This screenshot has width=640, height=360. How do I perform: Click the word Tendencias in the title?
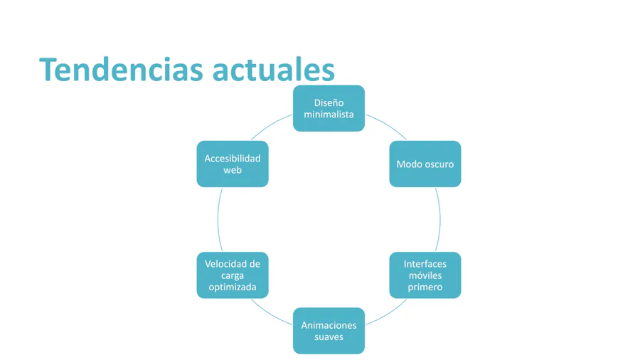point(121,70)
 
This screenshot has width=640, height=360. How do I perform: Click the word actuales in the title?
point(274,70)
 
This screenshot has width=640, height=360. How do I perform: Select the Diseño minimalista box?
point(329,108)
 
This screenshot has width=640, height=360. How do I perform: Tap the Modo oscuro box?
point(425,164)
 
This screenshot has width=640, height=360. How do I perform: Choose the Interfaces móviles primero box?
point(425,275)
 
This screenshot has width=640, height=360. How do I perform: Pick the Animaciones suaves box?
point(329,331)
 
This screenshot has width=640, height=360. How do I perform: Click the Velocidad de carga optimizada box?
point(233,275)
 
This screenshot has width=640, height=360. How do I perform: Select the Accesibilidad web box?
point(233,164)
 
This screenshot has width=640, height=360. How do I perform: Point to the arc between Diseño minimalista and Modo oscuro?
point(388,125)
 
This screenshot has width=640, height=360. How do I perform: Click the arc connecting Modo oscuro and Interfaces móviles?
point(440,220)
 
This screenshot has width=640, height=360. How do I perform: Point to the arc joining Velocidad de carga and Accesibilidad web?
point(218,220)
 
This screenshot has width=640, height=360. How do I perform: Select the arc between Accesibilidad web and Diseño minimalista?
point(270,125)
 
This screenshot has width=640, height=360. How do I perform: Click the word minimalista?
point(329,115)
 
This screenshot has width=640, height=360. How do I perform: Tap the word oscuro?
point(439,164)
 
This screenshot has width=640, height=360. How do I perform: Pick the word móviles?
point(425,275)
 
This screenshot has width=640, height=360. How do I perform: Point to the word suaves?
point(329,337)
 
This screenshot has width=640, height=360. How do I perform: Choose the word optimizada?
point(233,287)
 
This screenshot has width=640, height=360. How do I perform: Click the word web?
point(233,170)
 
